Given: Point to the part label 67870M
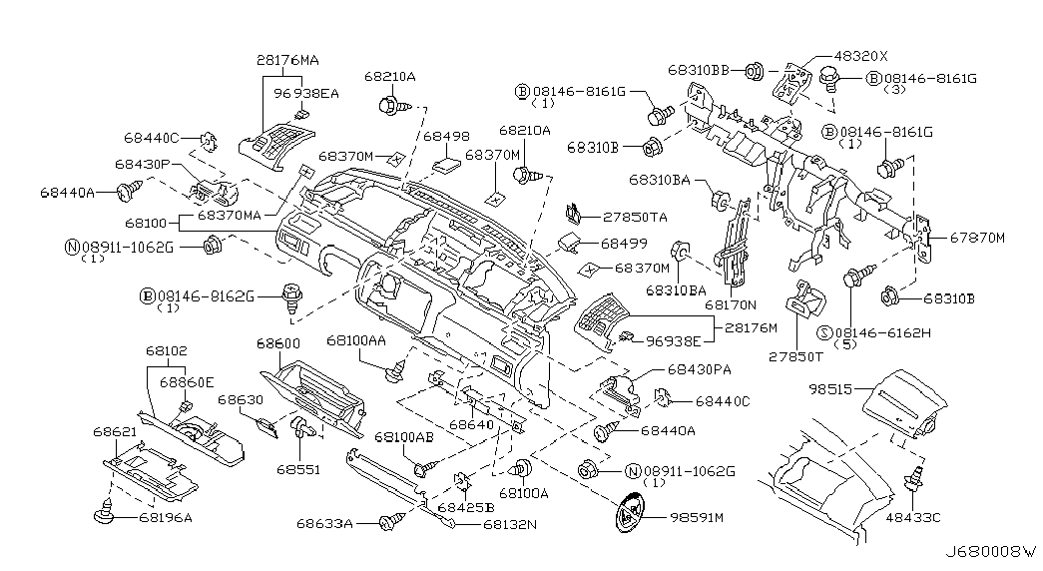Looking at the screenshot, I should (976, 237).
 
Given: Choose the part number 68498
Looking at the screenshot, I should (445, 136).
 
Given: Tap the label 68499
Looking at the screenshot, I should (624, 243).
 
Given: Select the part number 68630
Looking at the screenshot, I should (241, 399).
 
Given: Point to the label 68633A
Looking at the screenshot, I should (324, 522).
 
